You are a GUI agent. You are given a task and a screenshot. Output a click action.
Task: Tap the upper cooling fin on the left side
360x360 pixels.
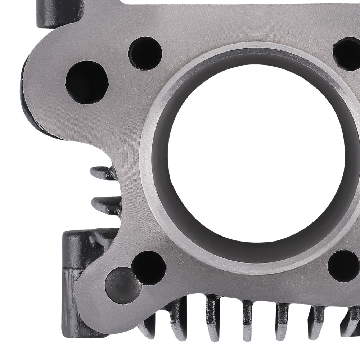tap(103, 173)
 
